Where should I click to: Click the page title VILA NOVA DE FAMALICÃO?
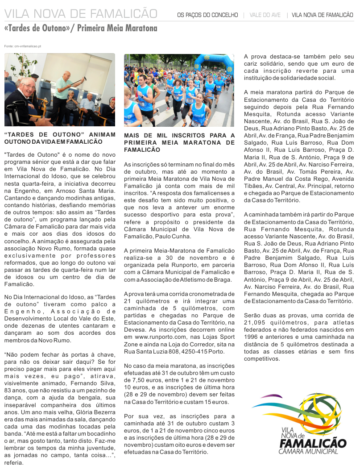(81, 14)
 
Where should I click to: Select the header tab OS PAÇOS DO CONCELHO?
(207, 15)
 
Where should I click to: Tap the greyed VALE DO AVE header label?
(265, 15)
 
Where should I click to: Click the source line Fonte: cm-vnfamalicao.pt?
(23, 46)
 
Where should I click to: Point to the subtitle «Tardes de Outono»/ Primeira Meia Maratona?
(81, 29)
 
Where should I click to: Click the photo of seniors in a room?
(60, 90)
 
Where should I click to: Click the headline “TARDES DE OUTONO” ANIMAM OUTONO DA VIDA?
(60, 138)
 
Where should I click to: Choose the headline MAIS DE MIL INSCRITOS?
(179, 142)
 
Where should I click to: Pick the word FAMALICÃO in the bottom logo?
(313, 443)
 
